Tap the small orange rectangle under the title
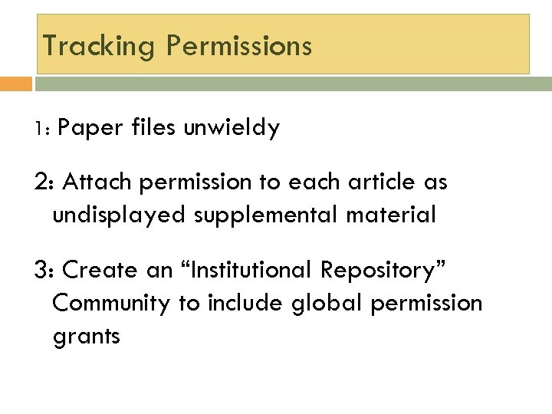(16, 83)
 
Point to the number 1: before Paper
(43, 129)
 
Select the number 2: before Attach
(44, 182)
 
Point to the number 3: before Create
(44, 271)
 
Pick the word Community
(111, 304)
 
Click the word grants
(87, 336)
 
